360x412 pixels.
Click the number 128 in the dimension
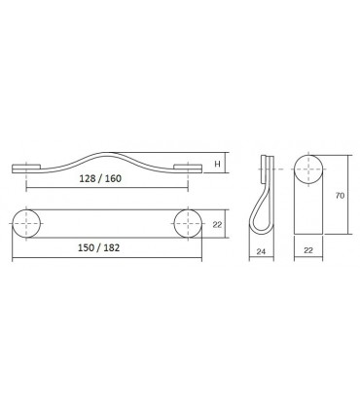click(x=93, y=180)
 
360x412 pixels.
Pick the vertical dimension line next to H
click(x=226, y=163)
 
